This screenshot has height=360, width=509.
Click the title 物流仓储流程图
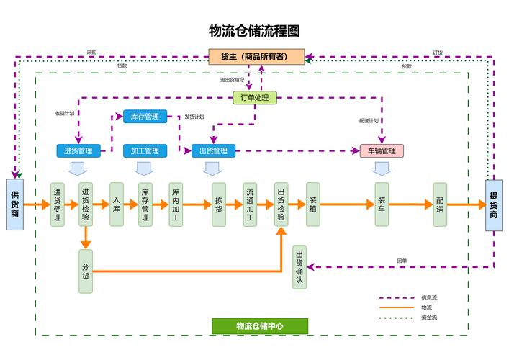(x=254, y=31)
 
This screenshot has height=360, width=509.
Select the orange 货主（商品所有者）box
(x=256, y=57)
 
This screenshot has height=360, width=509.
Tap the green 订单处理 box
(x=255, y=97)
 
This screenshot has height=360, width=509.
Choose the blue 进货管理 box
(x=78, y=151)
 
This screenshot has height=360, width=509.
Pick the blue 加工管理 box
(x=145, y=151)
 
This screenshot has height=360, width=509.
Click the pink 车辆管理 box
(x=382, y=151)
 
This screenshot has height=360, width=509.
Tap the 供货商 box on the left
(x=15, y=204)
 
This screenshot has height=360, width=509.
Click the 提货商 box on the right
(x=494, y=204)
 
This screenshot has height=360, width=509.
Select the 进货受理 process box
(x=58, y=204)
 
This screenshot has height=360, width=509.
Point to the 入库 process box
(x=117, y=204)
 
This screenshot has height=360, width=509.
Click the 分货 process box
(x=86, y=270)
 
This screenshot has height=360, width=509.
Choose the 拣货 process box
(x=219, y=204)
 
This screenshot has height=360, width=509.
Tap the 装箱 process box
(x=312, y=204)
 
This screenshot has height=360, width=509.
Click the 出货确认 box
(x=299, y=267)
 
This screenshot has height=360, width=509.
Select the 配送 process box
(x=440, y=204)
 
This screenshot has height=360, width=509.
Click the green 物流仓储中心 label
(x=259, y=326)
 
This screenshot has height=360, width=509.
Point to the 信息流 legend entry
(x=428, y=297)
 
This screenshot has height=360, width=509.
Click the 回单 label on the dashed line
(x=402, y=261)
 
